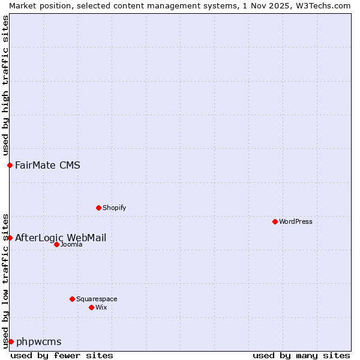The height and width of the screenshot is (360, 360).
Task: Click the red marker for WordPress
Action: pyautogui.click(x=275, y=221)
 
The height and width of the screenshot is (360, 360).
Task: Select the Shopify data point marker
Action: pyautogui.click(x=98, y=208)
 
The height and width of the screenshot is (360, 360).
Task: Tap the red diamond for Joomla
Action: pyautogui.click(x=56, y=244)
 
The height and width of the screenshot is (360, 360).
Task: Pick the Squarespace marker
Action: pyautogui.click(x=72, y=299)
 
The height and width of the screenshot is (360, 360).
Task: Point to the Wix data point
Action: pyautogui.click(x=91, y=307)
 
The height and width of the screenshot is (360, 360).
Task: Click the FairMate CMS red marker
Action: pyautogui.click(x=10, y=165)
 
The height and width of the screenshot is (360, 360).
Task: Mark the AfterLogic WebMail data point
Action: pyautogui.click(x=10, y=238)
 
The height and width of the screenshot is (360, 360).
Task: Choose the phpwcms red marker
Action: pyautogui.click(x=11, y=341)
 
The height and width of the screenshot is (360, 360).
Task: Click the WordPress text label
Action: pyautogui.click(x=296, y=221)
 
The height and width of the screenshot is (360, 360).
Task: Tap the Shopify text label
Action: pyautogui.click(x=114, y=208)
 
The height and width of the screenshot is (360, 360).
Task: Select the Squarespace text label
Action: pyautogui.click(x=97, y=299)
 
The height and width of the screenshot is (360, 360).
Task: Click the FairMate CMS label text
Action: pyautogui.click(x=47, y=165)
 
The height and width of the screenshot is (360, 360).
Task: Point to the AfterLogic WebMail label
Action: pyautogui.click(x=61, y=238)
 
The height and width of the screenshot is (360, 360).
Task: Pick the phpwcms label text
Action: pyautogui.click(x=39, y=341)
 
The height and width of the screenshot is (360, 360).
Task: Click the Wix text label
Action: pyautogui.click(x=101, y=307)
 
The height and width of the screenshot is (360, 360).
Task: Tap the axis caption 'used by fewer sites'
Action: pyautogui.click(x=62, y=355)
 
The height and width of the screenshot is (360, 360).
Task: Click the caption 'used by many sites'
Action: pyautogui.click(x=301, y=355)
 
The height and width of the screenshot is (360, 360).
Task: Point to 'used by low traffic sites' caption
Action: pyautogui.click(x=5, y=280)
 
